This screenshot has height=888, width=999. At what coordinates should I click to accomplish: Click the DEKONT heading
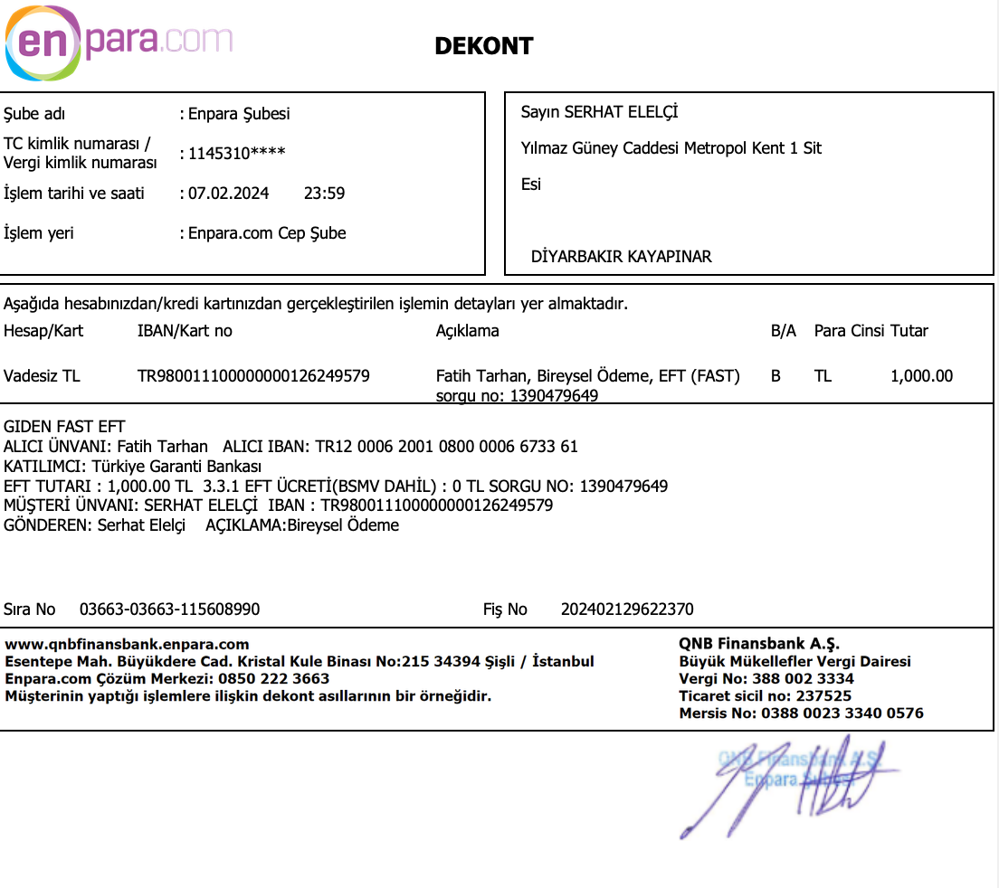[x=484, y=46]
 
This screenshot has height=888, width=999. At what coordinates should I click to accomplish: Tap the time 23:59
[x=324, y=194]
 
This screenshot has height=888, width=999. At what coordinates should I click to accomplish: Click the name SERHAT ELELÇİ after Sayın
[x=621, y=112]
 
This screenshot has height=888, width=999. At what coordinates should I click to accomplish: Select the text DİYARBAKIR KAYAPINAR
[x=621, y=257]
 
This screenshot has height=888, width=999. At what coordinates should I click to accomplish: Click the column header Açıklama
[x=467, y=331]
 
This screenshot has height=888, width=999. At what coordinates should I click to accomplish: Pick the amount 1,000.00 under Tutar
[x=921, y=376]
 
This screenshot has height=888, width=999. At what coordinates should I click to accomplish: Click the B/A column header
[x=783, y=331]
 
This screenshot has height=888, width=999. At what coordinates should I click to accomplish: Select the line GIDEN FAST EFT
[x=64, y=427]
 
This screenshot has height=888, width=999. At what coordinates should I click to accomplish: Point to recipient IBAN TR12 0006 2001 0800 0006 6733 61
[x=446, y=447]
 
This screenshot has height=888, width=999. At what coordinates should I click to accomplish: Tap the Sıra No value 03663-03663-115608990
[x=169, y=609]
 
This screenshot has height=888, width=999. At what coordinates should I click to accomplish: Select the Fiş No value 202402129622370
[x=627, y=609]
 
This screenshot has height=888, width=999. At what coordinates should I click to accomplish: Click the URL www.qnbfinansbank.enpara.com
[x=128, y=645]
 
